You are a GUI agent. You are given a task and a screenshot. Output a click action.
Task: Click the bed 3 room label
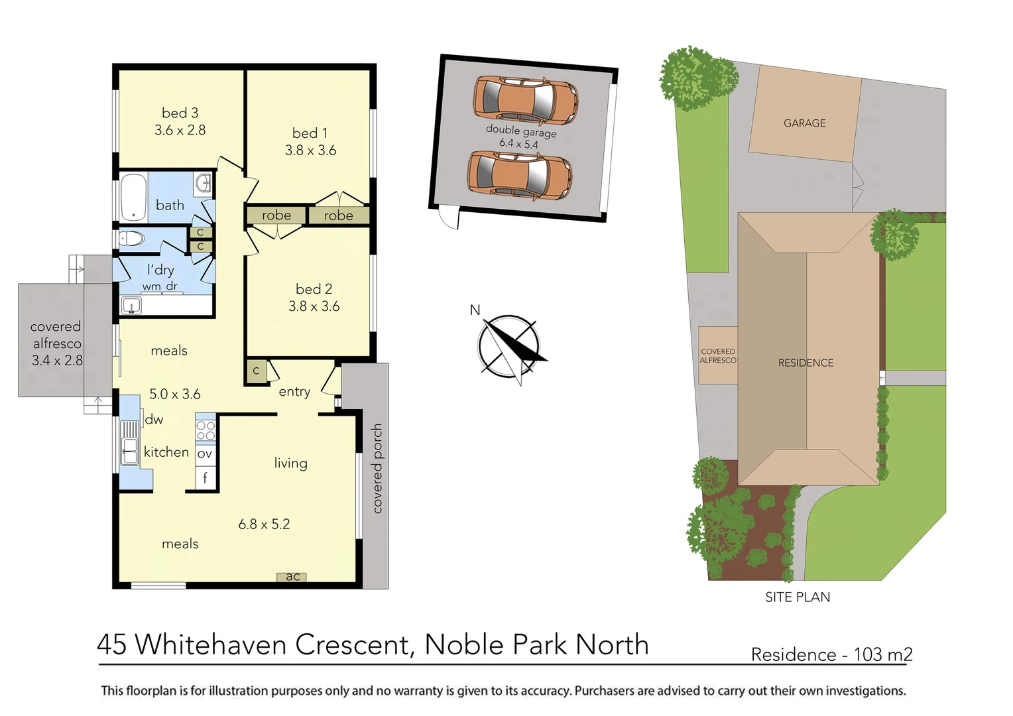pyautogui.click(x=180, y=113)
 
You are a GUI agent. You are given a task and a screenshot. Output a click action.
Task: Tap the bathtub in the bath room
pyautogui.click(x=133, y=197)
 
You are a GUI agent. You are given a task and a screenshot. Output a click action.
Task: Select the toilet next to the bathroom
pyautogui.click(x=131, y=239)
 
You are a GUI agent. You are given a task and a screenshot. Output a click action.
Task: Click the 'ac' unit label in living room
pyautogui.click(x=292, y=577)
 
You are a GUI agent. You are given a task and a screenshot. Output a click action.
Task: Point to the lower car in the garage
pyautogui.click(x=519, y=175)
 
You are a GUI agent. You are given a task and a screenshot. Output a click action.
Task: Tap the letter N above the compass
pyautogui.click(x=475, y=310)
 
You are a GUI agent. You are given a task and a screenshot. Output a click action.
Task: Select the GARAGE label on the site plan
pyautogui.click(x=804, y=123)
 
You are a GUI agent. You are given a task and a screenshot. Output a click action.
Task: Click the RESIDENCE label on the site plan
pyautogui.click(x=805, y=363)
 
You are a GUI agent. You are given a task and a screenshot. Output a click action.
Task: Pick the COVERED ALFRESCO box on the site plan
pyautogui.click(x=718, y=355)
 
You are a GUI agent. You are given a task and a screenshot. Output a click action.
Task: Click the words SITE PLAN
pyautogui.click(x=798, y=597)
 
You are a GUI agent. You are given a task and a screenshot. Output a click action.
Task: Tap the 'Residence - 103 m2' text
pyautogui.click(x=831, y=654)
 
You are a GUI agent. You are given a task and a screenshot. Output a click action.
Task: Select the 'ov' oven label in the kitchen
pyautogui.click(x=205, y=454)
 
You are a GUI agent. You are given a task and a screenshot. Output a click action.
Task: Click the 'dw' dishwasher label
pyautogui.click(x=154, y=419)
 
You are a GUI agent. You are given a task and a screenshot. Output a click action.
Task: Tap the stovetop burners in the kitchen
pyautogui.click(x=206, y=430)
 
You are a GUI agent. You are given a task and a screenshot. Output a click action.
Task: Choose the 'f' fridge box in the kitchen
pyautogui.click(x=206, y=477)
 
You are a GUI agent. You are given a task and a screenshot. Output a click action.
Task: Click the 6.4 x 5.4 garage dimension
pyautogui.click(x=518, y=143)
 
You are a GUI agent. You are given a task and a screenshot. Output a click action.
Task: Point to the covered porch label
pyautogui.click(x=377, y=468)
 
